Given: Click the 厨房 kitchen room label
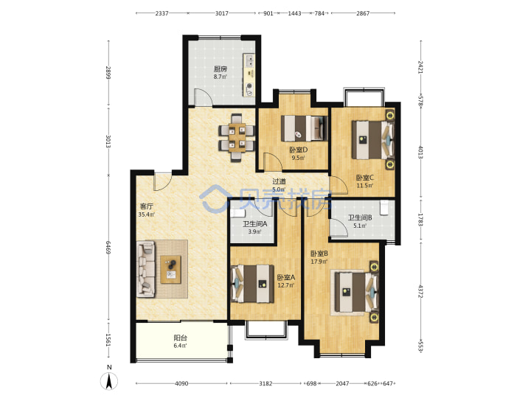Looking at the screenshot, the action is (x=220, y=69).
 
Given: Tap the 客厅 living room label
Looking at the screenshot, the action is (x=147, y=206).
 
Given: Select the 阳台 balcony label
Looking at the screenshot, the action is (x=180, y=338).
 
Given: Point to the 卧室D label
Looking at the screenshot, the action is (x=299, y=150).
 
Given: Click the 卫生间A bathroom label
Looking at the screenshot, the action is (x=254, y=224).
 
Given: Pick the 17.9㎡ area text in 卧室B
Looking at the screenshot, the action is (x=319, y=262).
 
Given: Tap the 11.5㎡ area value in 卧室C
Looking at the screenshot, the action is (x=365, y=186).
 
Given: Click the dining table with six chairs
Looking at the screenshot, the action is (x=237, y=137).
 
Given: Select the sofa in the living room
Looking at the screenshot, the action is (x=146, y=269).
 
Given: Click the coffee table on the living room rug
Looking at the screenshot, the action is (x=171, y=270).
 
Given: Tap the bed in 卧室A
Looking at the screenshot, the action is (x=252, y=284).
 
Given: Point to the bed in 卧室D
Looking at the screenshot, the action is (x=305, y=128).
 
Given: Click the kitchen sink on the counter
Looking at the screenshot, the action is (x=249, y=60).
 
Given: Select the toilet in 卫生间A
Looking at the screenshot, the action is (x=237, y=214).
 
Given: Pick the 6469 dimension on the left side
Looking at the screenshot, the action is (x=108, y=248).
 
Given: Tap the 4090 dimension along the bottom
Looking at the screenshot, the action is (x=181, y=383).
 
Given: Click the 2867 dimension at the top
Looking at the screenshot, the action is (x=363, y=13).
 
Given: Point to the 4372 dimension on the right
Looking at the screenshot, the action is (x=420, y=291).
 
